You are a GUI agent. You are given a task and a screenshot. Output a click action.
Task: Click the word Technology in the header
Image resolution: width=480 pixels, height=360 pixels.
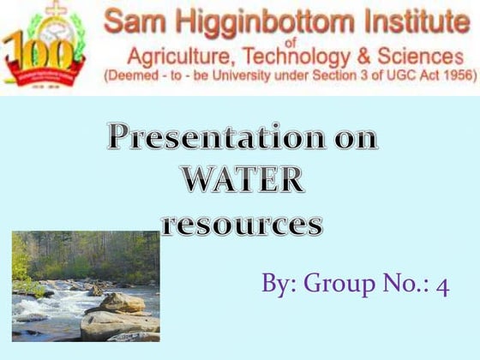[x=291, y=57]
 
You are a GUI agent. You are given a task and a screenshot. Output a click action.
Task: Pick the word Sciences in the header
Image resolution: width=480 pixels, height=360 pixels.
[x=421, y=57]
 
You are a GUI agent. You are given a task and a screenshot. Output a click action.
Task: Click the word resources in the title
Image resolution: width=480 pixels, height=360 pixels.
[x=243, y=225]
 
